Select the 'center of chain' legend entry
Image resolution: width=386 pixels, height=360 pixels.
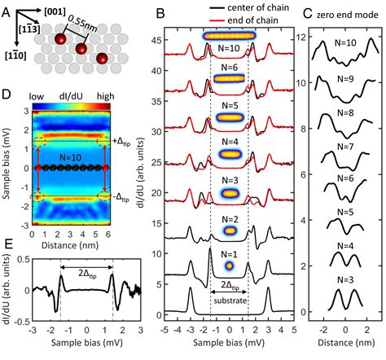(x=251, y=8)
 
